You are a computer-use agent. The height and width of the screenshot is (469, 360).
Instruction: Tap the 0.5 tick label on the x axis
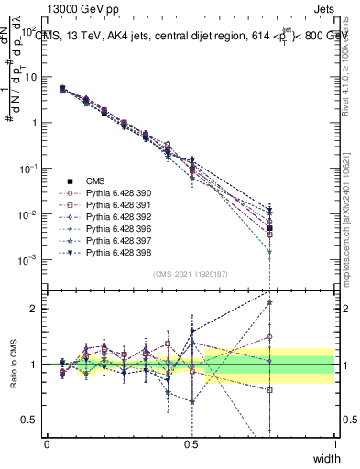click(191, 444)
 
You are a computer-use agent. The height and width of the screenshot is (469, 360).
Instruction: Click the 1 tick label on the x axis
click(335, 444)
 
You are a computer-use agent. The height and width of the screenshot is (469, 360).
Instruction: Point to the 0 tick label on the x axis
click(47, 444)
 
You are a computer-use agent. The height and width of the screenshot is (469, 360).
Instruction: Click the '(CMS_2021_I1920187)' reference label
click(190, 274)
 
